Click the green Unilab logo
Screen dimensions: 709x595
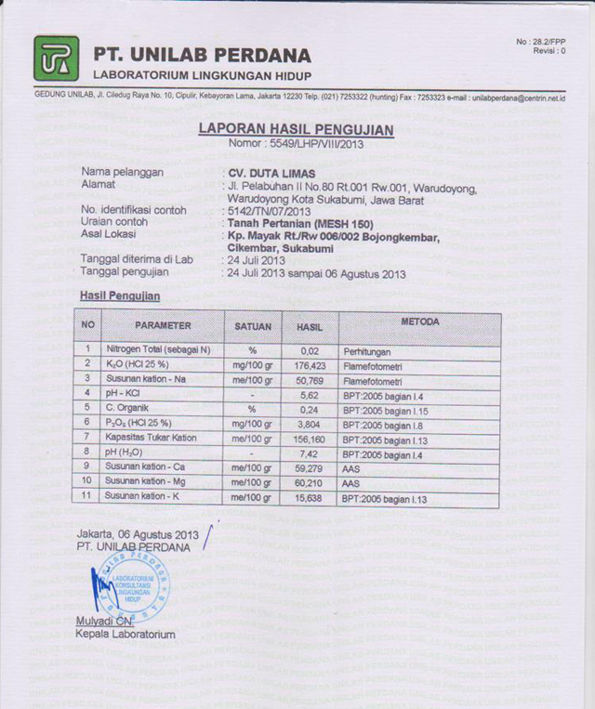pos(56,59)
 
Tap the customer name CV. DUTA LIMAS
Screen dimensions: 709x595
pos(271,173)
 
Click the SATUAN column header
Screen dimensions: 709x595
pos(253,326)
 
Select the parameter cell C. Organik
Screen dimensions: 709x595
pos(128,408)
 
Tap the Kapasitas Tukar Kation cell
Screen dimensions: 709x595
pos(152,437)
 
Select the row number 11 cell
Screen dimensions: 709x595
pos(86,497)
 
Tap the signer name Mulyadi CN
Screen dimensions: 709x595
pos(104,621)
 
